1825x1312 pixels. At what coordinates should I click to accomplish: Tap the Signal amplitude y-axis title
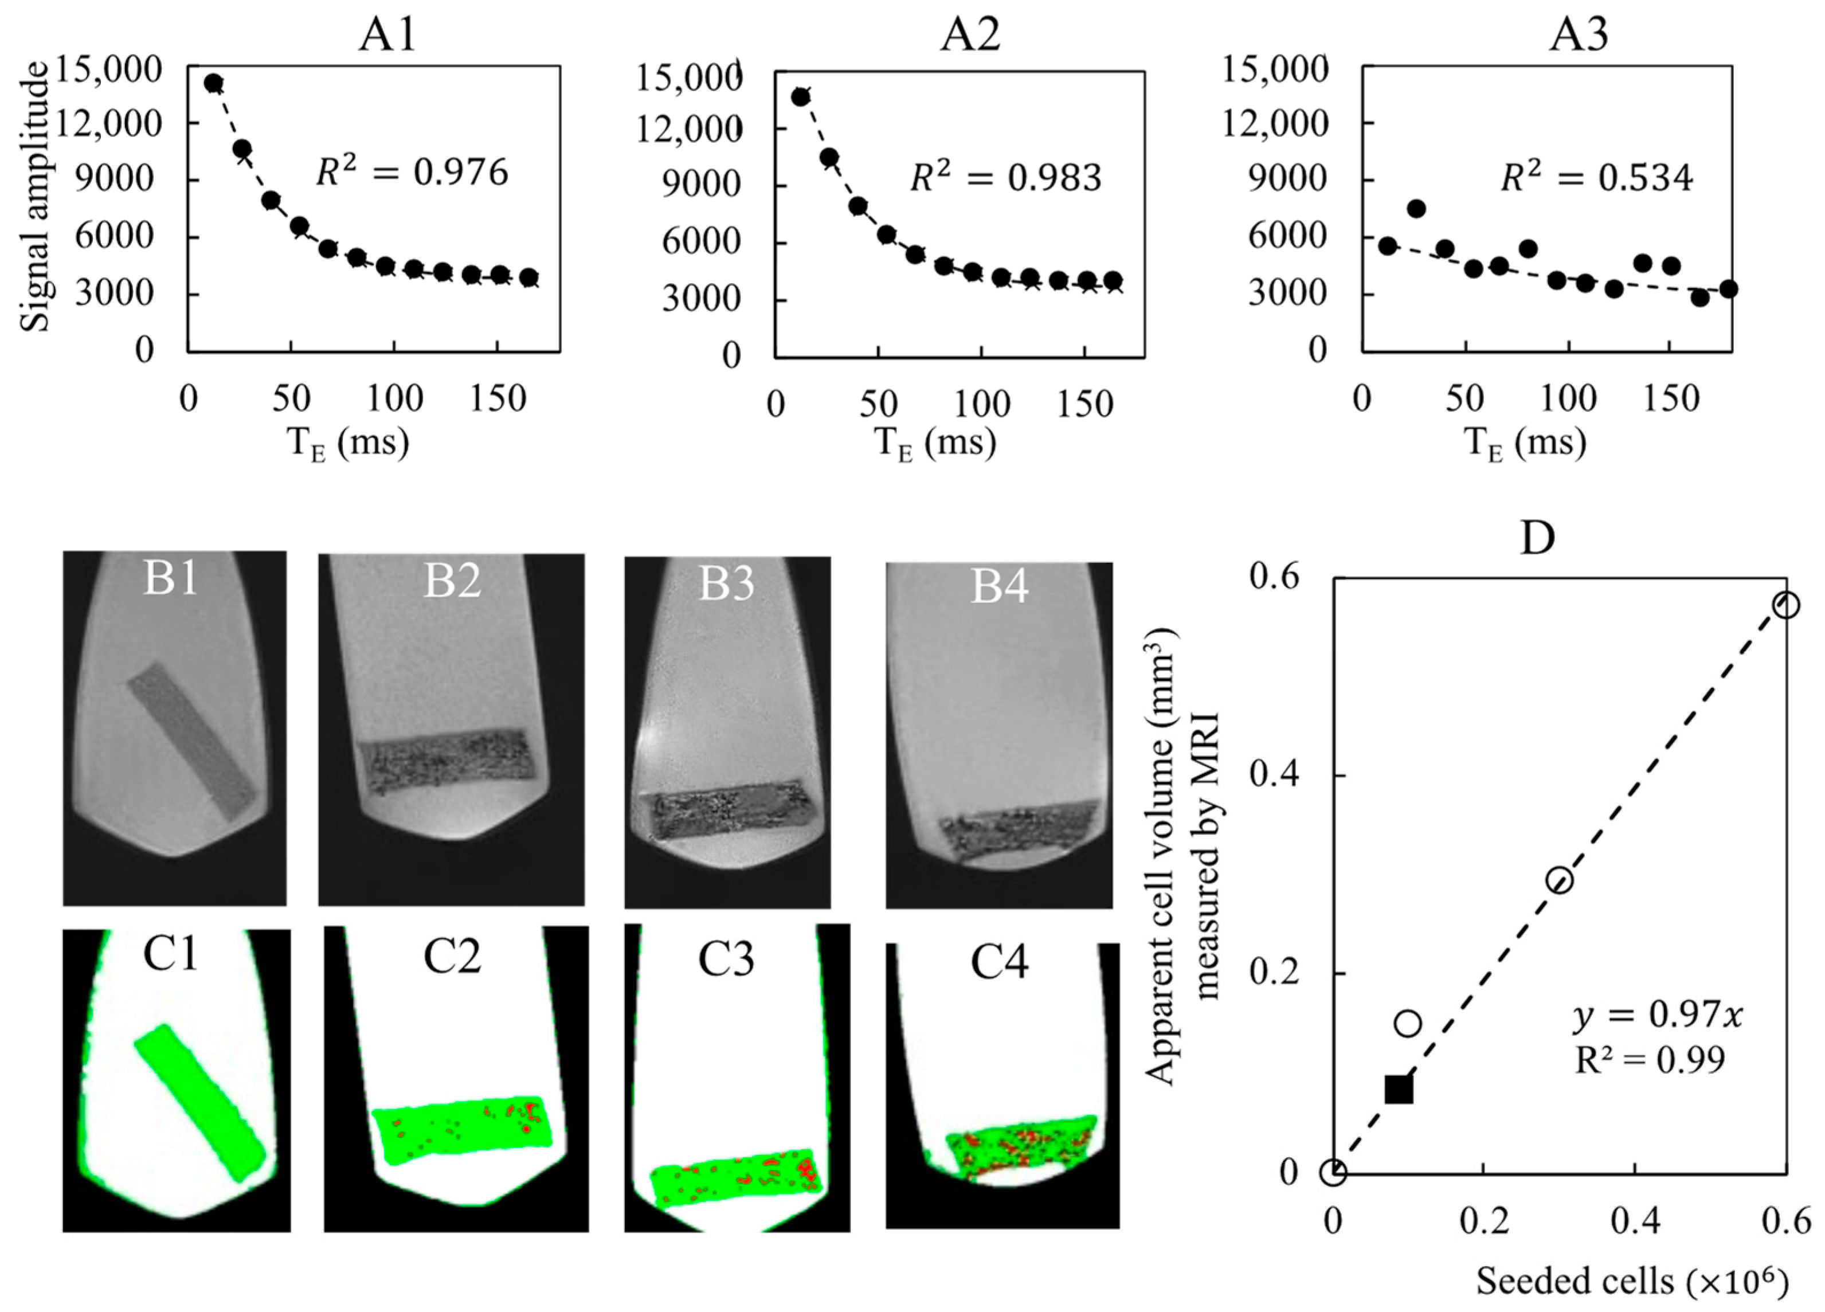(36, 198)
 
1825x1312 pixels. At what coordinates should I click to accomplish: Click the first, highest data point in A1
(213, 83)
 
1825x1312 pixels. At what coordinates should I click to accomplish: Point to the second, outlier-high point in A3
(1416, 209)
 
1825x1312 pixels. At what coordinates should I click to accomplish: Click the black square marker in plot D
(1399, 1089)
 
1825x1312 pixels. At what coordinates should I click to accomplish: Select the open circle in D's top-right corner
(1785, 605)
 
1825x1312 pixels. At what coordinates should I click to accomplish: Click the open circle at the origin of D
(1333, 1173)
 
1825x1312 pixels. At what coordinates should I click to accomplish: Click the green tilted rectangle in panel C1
(199, 1103)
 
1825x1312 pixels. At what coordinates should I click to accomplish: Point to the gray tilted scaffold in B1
(191, 741)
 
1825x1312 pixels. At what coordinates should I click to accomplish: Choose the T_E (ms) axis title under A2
(935, 442)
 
